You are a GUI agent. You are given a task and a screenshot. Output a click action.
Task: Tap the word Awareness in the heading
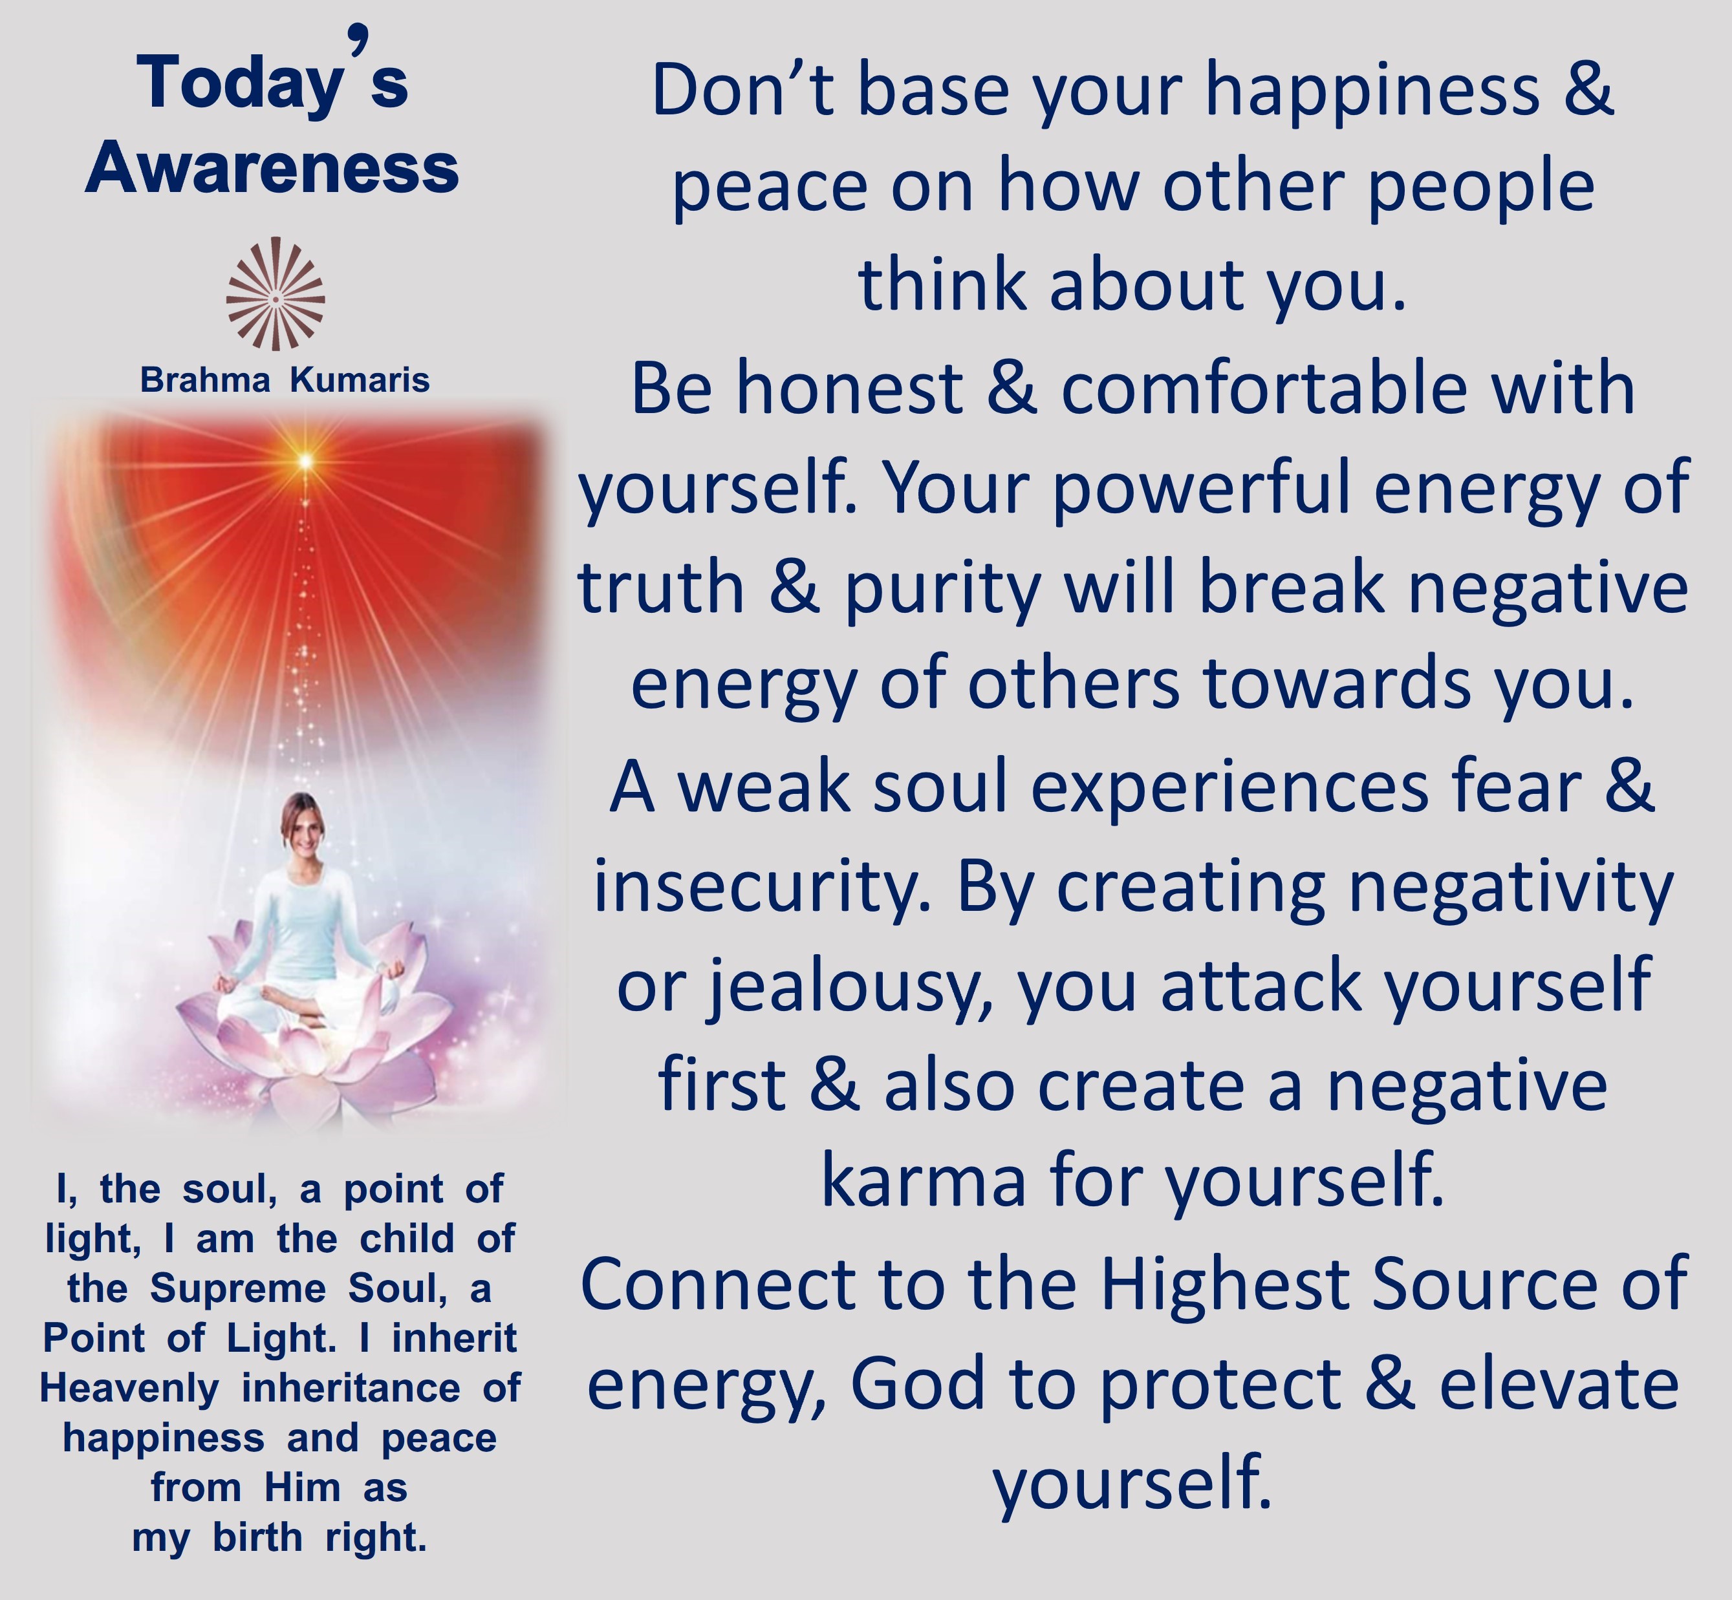(272, 168)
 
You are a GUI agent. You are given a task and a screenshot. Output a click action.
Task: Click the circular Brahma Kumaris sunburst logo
(276, 294)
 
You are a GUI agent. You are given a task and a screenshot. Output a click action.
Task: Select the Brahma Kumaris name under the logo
(285, 380)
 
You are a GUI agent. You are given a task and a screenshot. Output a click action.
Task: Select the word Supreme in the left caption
(237, 1288)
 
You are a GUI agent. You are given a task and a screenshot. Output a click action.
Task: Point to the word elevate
(1559, 1385)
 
